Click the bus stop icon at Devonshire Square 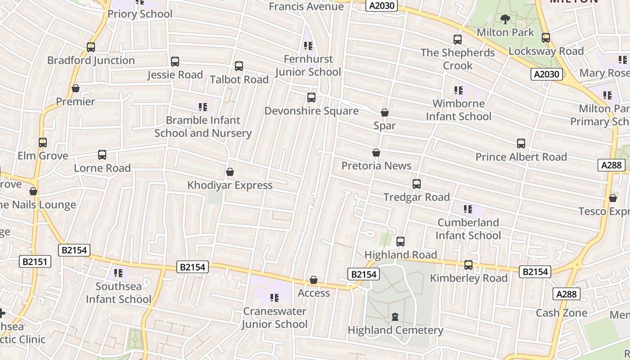(311, 98)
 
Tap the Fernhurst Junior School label (308, 65)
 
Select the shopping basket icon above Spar (385, 112)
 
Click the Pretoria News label (376, 166)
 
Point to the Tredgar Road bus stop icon (417, 184)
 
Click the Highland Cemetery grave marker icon (395, 317)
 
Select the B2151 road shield (36, 261)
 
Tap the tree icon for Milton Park (505, 19)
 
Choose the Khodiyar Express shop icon (230, 172)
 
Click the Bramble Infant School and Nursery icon (203, 107)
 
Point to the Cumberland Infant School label (468, 229)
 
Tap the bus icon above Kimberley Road (468, 265)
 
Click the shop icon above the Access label (314, 280)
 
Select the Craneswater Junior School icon (274, 298)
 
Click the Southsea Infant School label (119, 292)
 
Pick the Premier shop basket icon (76, 89)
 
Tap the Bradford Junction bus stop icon (91, 47)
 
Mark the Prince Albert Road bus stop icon (521, 144)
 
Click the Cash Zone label (561, 313)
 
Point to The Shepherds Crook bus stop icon (458, 40)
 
